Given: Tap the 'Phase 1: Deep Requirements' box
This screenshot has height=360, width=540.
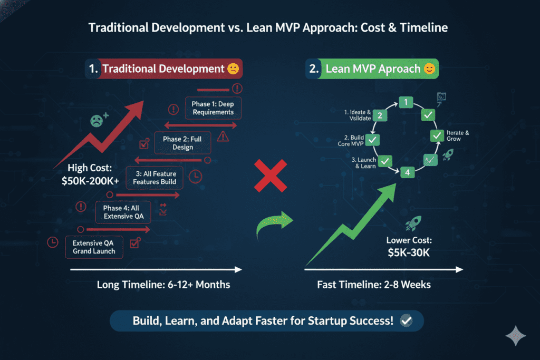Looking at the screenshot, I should coord(209,108).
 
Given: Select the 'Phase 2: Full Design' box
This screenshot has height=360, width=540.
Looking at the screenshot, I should coord(182,143).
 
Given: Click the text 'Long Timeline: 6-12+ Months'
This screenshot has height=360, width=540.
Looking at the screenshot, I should coord(163,285).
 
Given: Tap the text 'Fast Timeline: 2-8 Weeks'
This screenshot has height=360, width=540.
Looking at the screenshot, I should coord(374,285).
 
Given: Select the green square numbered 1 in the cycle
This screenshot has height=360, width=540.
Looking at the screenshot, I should coord(405,102).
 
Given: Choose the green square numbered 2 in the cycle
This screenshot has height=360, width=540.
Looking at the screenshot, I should coord(381,115).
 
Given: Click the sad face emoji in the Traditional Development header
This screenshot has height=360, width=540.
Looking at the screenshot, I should coord(233,69).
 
